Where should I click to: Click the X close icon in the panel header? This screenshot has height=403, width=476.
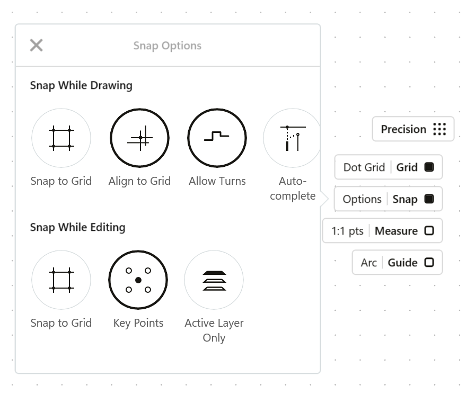(x=37, y=45)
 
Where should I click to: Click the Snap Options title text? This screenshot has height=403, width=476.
(x=168, y=46)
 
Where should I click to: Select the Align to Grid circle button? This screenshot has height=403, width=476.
(x=139, y=138)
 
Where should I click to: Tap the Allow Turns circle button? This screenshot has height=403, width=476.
(x=217, y=138)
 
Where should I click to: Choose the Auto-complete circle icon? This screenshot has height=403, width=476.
(x=293, y=138)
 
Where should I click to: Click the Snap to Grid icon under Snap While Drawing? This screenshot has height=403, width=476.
(x=61, y=138)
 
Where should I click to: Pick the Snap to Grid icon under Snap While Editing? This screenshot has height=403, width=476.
(x=61, y=280)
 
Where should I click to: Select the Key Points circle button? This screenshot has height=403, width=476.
(x=138, y=280)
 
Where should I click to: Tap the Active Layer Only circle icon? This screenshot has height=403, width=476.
(x=214, y=280)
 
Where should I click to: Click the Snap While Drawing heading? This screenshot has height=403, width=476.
(x=81, y=85)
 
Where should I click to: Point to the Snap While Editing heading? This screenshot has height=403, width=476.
(x=78, y=227)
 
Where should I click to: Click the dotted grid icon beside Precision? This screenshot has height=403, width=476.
(x=439, y=129)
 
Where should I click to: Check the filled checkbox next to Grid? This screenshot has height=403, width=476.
(x=429, y=167)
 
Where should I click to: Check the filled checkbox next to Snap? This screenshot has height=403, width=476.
(x=429, y=199)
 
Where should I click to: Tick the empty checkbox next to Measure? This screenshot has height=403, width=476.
(x=429, y=231)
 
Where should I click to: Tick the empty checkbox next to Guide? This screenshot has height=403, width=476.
(x=429, y=262)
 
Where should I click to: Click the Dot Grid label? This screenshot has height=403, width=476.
(x=364, y=167)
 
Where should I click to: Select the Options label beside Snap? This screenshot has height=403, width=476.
(x=362, y=199)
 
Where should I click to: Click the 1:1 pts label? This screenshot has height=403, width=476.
(x=347, y=231)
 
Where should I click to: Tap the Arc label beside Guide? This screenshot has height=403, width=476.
(x=368, y=263)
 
